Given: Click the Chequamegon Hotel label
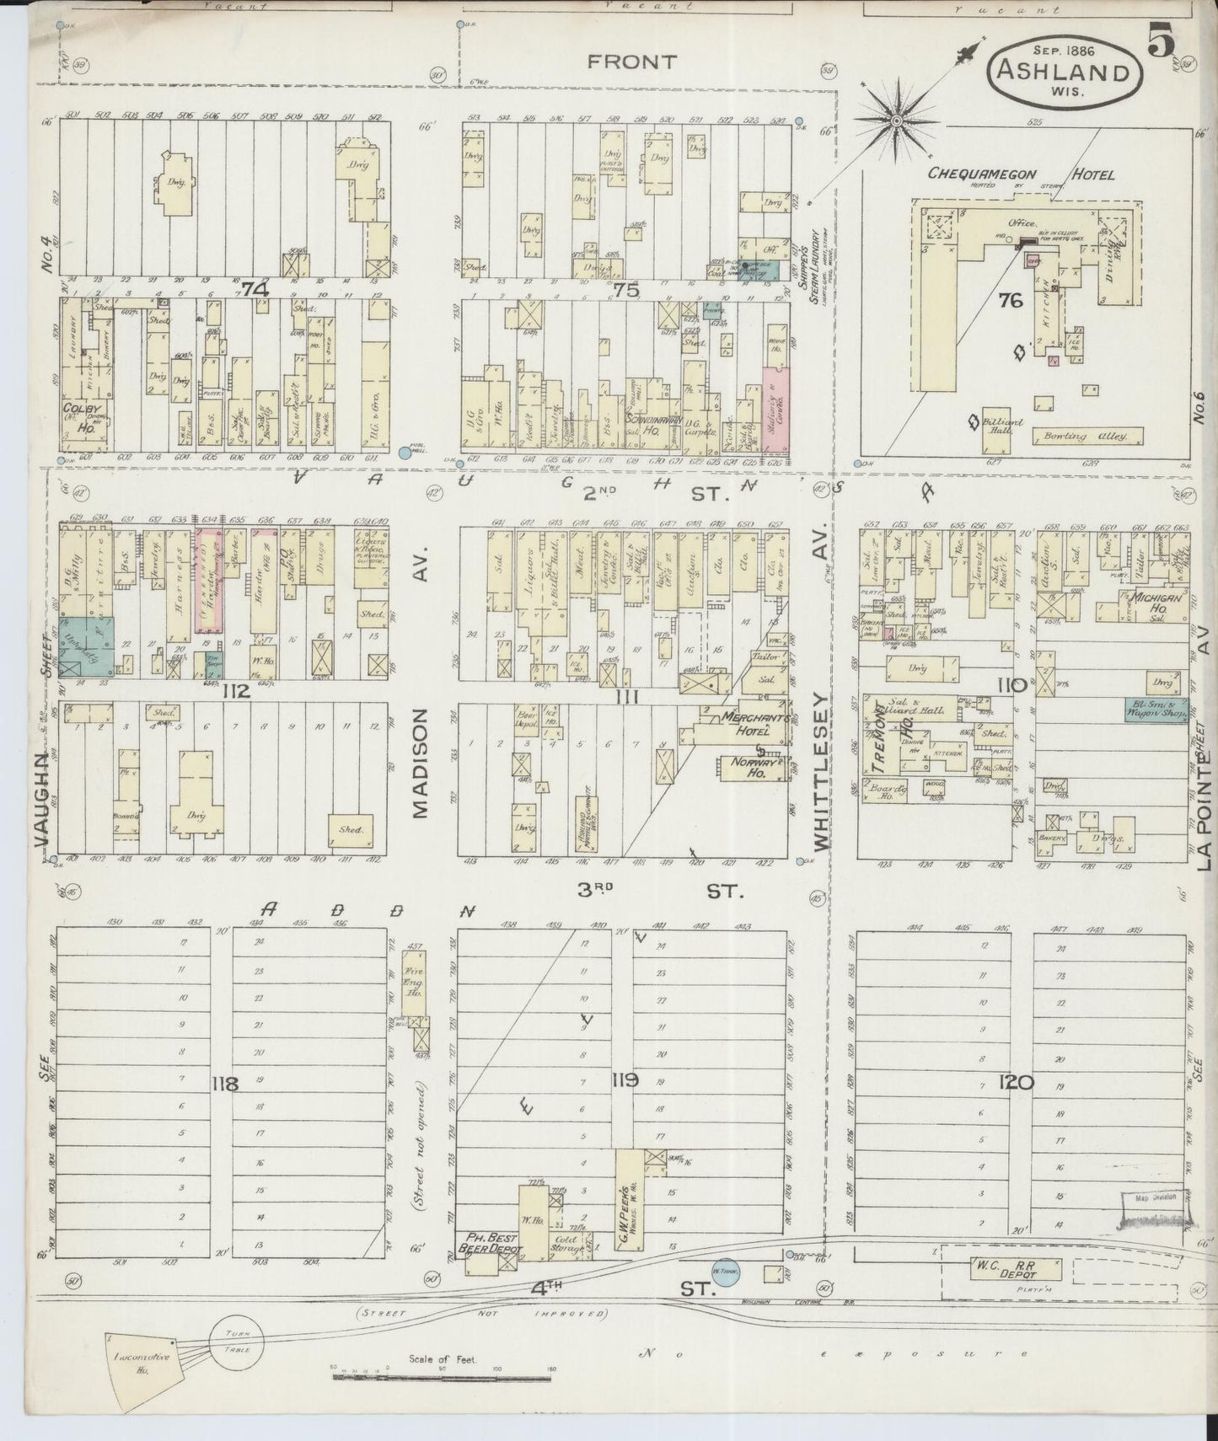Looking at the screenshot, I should (x=1021, y=174).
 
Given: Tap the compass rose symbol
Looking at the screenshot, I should (x=897, y=123).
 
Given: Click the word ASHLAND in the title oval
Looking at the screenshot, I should (x=1063, y=72).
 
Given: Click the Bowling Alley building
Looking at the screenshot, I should (x=1087, y=437).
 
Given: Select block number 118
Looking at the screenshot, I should (x=226, y=1084).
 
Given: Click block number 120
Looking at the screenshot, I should (x=1015, y=1082).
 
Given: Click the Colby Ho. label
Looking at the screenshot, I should (x=78, y=415).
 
